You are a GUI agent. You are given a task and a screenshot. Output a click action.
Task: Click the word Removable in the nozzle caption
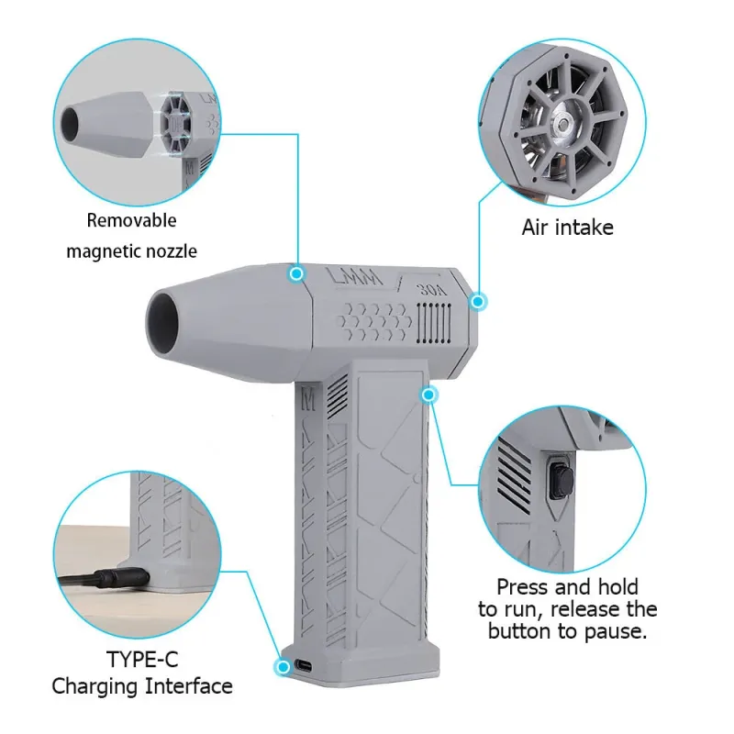point(131,220)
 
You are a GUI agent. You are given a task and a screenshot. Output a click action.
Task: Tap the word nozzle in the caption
point(172,251)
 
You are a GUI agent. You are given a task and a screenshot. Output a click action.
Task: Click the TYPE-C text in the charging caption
point(142,660)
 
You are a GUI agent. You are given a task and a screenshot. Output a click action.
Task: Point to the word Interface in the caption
point(189,686)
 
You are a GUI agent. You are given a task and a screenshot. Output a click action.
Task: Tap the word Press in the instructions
point(520,587)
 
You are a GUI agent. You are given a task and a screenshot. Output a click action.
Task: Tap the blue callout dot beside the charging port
point(284,667)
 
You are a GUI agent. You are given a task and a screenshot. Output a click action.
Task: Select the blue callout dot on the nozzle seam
point(296,273)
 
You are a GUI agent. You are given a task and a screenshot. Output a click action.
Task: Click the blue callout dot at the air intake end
point(477,302)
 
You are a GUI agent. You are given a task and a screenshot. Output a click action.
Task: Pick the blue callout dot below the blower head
point(428,395)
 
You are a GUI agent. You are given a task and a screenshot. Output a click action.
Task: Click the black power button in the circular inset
point(562,480)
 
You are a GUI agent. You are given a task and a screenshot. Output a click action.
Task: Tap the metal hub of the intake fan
point(562,125)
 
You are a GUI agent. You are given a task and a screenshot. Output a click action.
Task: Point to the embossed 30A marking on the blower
point(432,290)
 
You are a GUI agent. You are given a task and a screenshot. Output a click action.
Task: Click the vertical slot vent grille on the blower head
point(434,323)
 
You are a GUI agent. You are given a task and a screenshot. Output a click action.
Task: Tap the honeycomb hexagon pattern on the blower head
point(373,321)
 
